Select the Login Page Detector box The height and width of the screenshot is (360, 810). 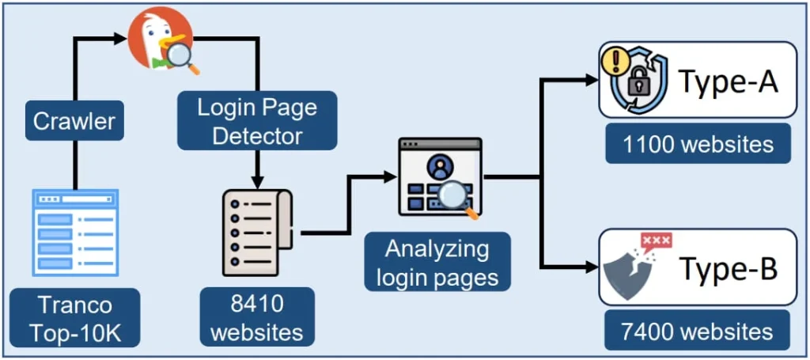258,121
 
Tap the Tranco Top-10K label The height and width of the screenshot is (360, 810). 77,318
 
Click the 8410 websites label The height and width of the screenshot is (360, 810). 257,318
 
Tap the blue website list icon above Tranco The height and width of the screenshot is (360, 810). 75,231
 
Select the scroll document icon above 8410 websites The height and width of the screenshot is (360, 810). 257,233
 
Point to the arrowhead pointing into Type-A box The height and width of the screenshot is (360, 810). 591,79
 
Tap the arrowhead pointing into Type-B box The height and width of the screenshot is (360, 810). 591,267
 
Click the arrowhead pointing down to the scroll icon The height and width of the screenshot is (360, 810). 257,180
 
